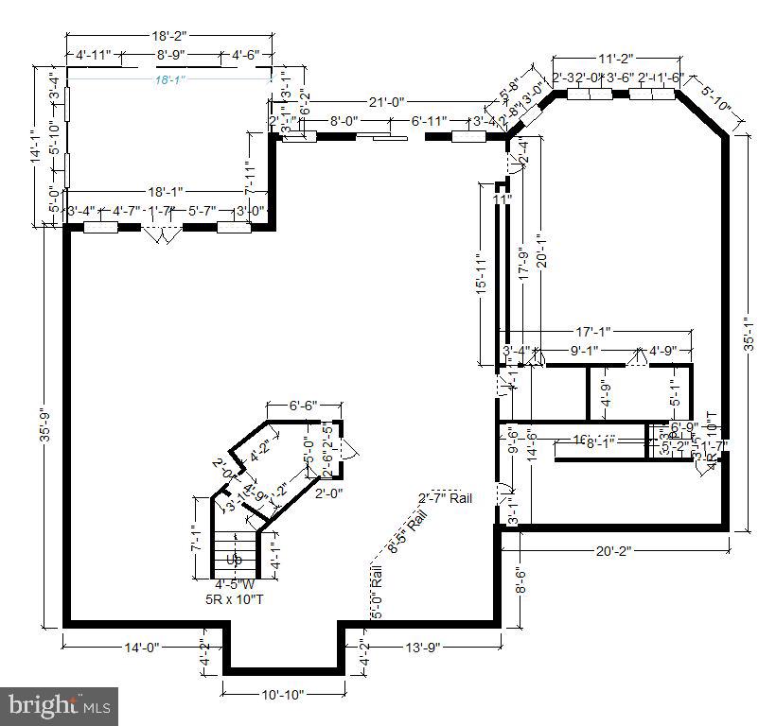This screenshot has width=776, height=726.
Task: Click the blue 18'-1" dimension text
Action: click(x=170, y=80)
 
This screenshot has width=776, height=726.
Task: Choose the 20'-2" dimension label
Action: click(x=614, y=549)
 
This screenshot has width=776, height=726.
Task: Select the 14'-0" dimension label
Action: click(x=143, y=648)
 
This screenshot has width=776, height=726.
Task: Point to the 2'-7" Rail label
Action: click(x=445, y=498)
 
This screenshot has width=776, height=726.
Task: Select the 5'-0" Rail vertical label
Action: click(x=376, y=592)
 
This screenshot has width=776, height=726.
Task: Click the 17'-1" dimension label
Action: click(x=593, y=332)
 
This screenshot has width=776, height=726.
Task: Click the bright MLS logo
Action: click(x=60, y=705)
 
